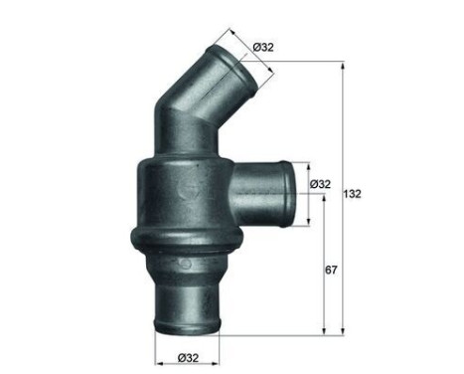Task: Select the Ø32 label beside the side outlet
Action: click(320, 184)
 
